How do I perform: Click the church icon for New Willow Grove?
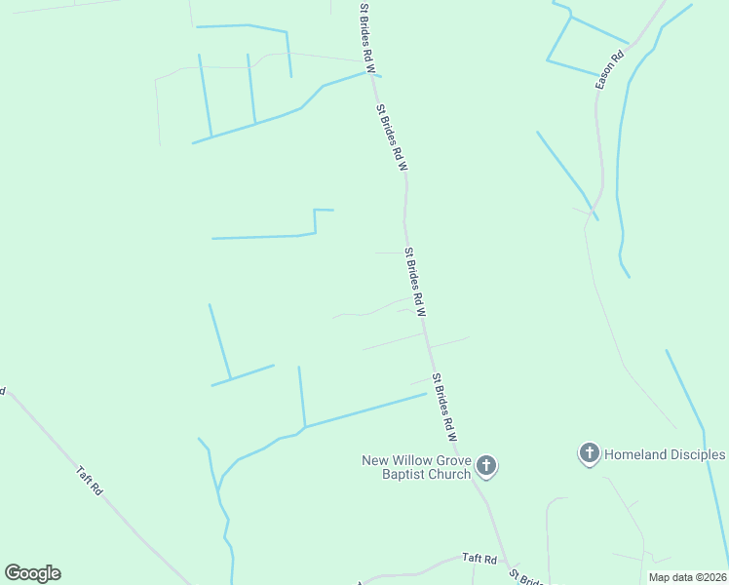click(x=487, y=467)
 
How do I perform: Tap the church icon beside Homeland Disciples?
click(x=589, y=453)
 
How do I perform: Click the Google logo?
click(x=32, y=573)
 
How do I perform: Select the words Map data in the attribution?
click(x=671, y=577)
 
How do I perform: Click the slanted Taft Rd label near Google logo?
click(x=90, y=481)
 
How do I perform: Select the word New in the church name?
click(x=375, y=460)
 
